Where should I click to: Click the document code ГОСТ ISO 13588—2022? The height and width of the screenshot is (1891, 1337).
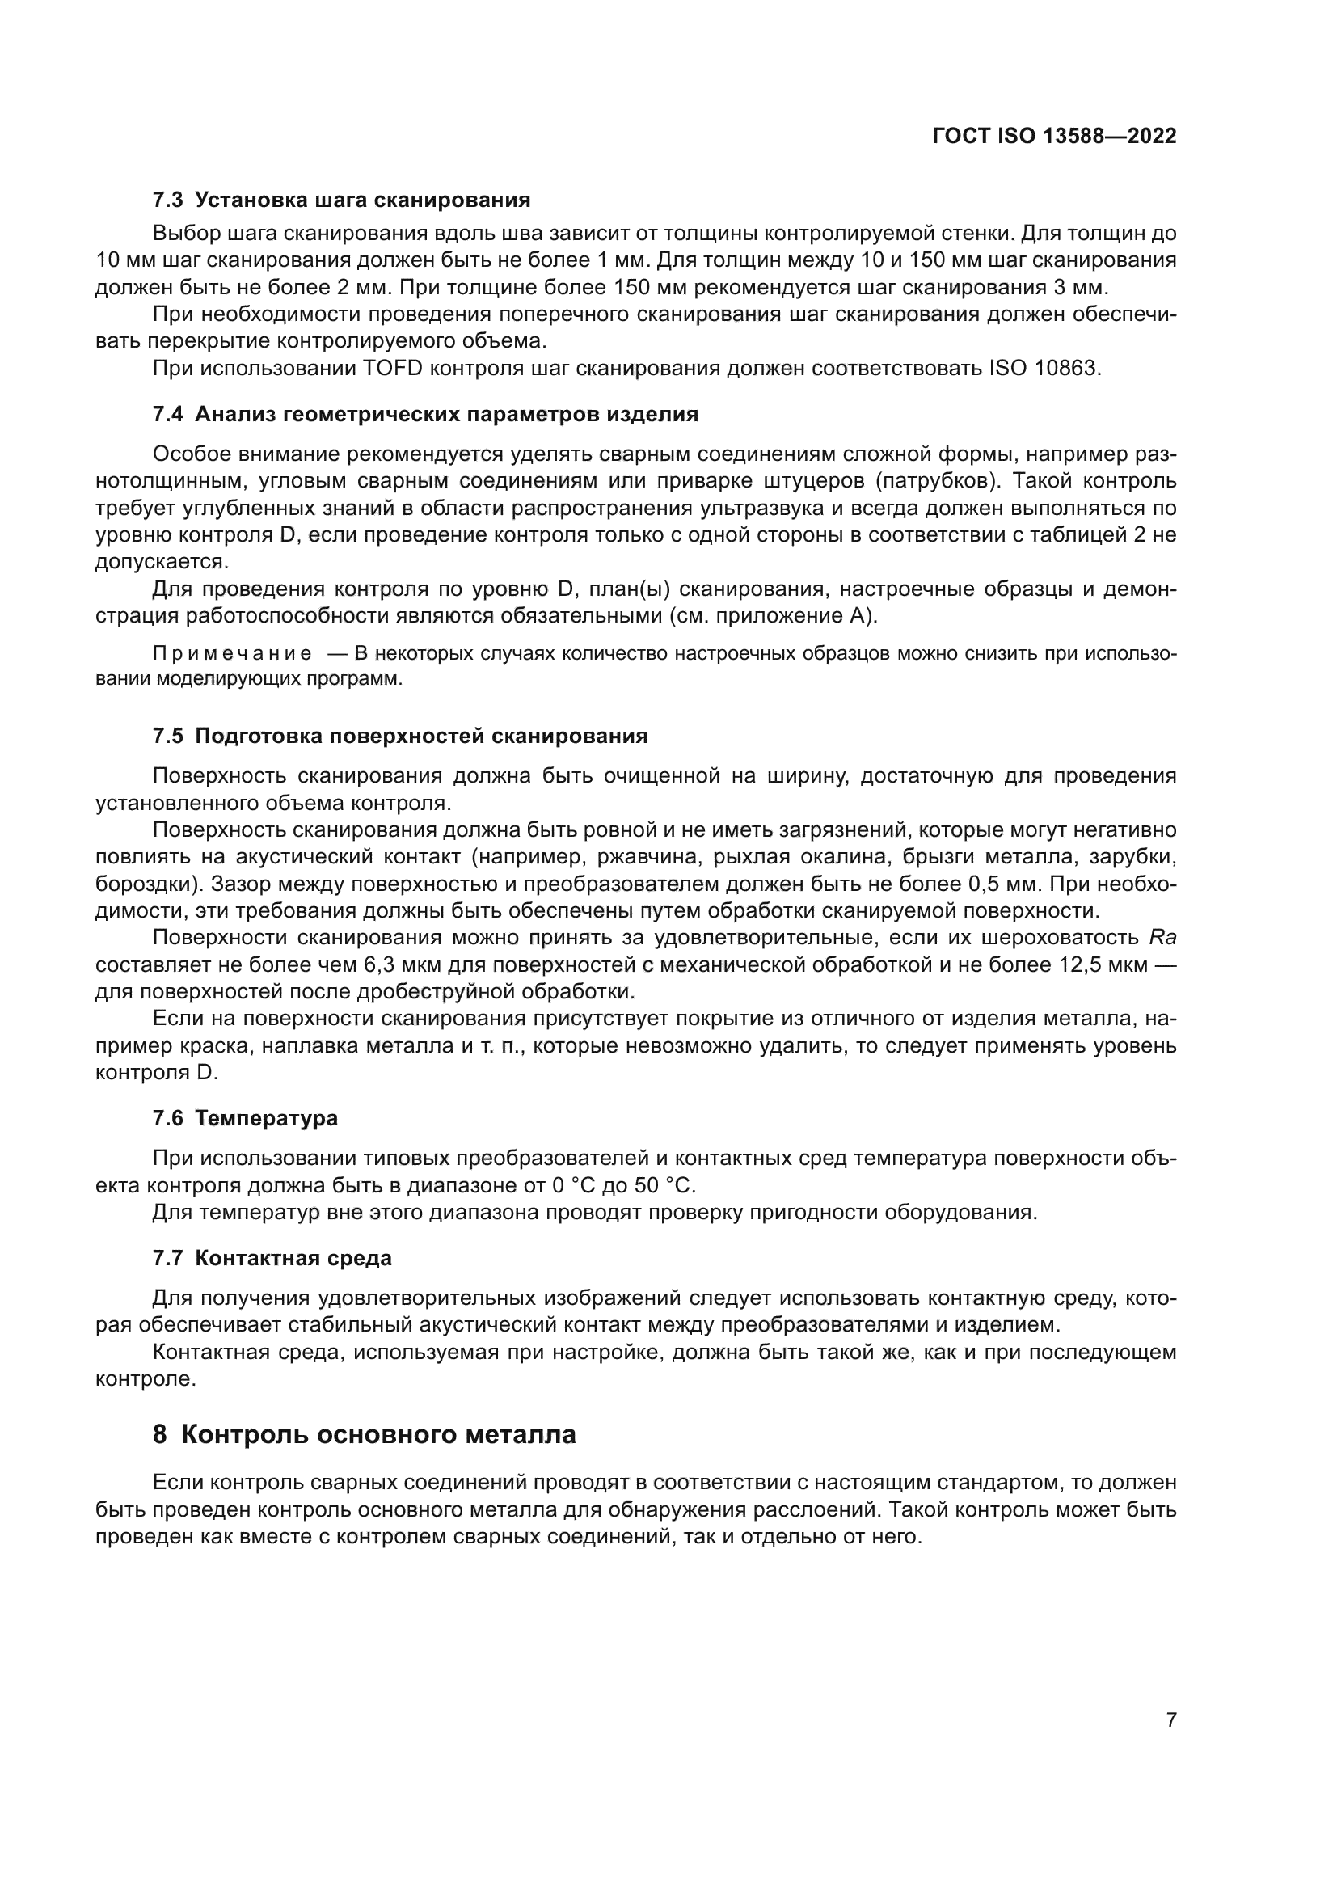1054,136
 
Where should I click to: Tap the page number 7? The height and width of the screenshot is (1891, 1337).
1171,1720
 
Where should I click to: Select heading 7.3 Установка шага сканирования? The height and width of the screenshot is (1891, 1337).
341,200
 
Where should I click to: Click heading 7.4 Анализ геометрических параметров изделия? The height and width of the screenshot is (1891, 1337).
425,414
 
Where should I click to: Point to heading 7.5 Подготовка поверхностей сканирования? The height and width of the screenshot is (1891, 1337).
400,736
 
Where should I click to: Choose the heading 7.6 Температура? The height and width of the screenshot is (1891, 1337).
246,1117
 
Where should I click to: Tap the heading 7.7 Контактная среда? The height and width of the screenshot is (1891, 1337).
272,1258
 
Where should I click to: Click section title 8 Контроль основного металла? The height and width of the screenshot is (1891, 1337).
364,1434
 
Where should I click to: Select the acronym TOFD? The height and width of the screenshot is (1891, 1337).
392,368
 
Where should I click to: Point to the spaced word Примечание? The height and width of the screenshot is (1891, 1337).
232,654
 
